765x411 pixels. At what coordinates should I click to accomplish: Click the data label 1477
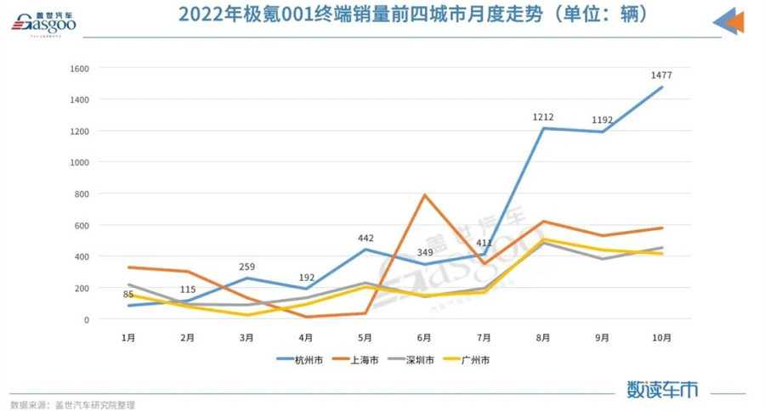tap(660, 75)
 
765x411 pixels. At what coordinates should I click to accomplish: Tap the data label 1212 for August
tap(541, 115)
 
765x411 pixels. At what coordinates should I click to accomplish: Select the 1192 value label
tap(603, 119)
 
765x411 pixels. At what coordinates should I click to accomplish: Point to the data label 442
tap(365, 238)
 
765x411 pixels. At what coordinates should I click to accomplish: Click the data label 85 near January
tap(128, 296)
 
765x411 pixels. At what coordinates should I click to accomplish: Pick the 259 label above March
tap(247, 266)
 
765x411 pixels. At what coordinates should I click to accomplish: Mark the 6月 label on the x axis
tap(424, 337)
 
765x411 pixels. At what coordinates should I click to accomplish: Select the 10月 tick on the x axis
tap(661, 337)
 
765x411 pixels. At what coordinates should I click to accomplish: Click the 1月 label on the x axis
tap(128, 337)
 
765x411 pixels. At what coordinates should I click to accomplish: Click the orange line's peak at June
tap(424, 195)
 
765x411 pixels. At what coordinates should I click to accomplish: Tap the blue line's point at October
tap(661, 87)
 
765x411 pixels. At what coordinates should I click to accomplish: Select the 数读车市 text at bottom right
tap(662, 390)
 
